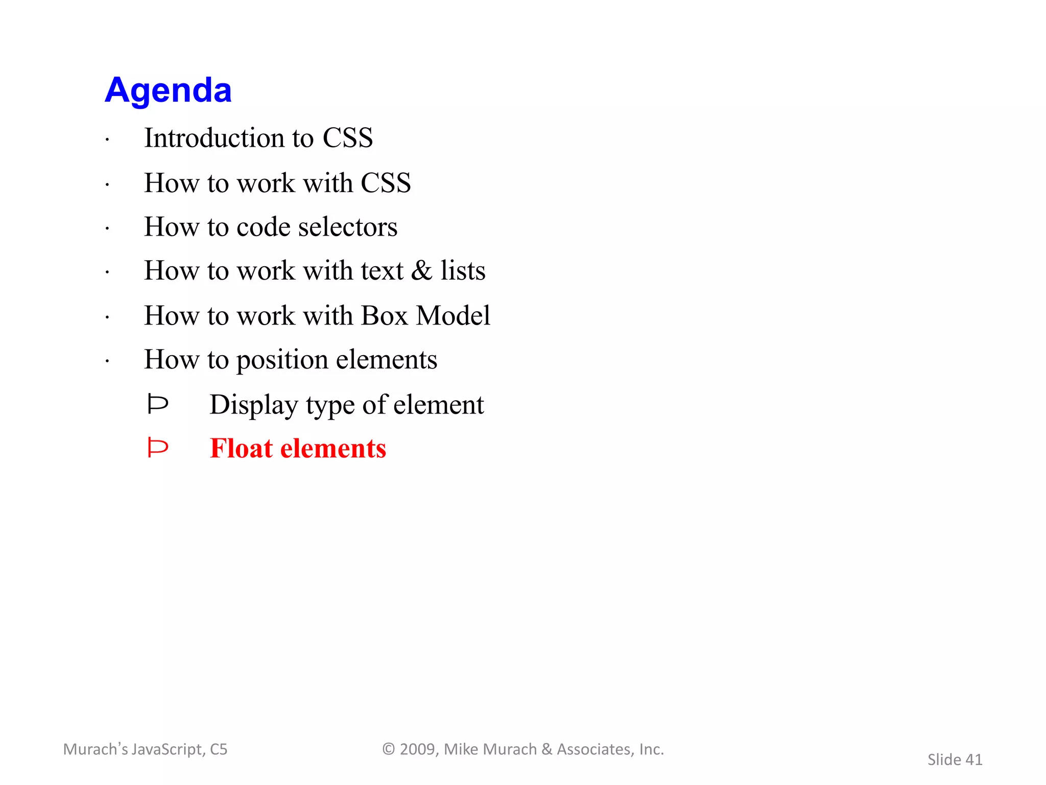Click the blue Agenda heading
tap(168, 90)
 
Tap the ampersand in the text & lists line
tap(421, 270)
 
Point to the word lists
tap(463, 270)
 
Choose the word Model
tap(453, 315)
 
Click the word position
tap(282, 360)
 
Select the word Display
tap(254, 405)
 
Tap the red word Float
tap(241, 449)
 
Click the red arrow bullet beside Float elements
tap(157, 448)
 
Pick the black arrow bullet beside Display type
tap(157, 404)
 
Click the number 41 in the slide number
tap(973, 760)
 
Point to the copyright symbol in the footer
tap(389, 749)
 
